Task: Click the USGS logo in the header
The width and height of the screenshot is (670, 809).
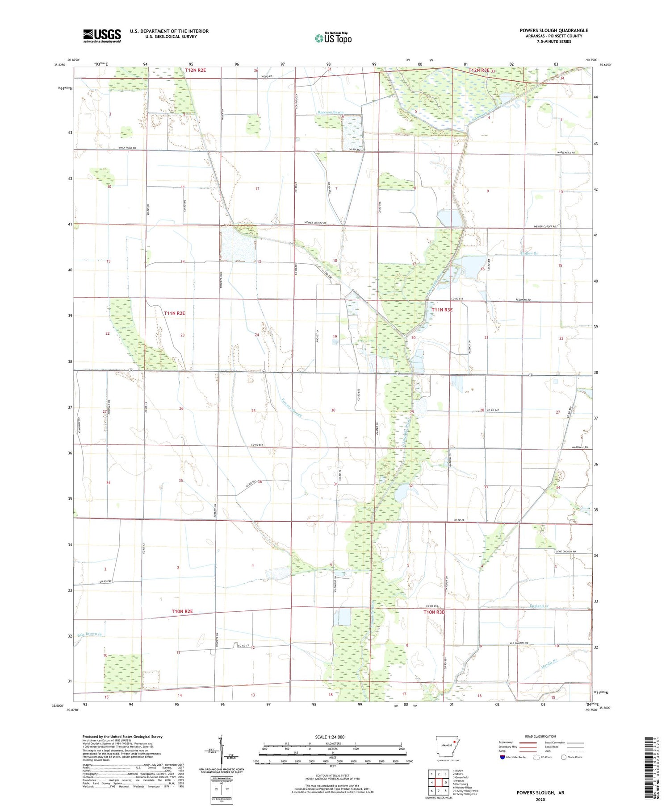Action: click(102, 36)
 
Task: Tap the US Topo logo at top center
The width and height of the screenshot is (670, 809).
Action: click(333, 38)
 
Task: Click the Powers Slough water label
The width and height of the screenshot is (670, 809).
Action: click(292, 407)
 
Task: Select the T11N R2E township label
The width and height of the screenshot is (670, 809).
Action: click(174, 313)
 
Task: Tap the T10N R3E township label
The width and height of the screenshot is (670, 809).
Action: click(434, 612)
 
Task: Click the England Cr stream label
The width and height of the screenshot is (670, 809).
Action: click(539, 606)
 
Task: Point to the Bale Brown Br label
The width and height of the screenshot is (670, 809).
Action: click(90, 634)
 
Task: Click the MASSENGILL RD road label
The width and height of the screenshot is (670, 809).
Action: click(566, 153)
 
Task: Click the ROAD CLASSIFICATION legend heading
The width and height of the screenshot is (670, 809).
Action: click(540, 736)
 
